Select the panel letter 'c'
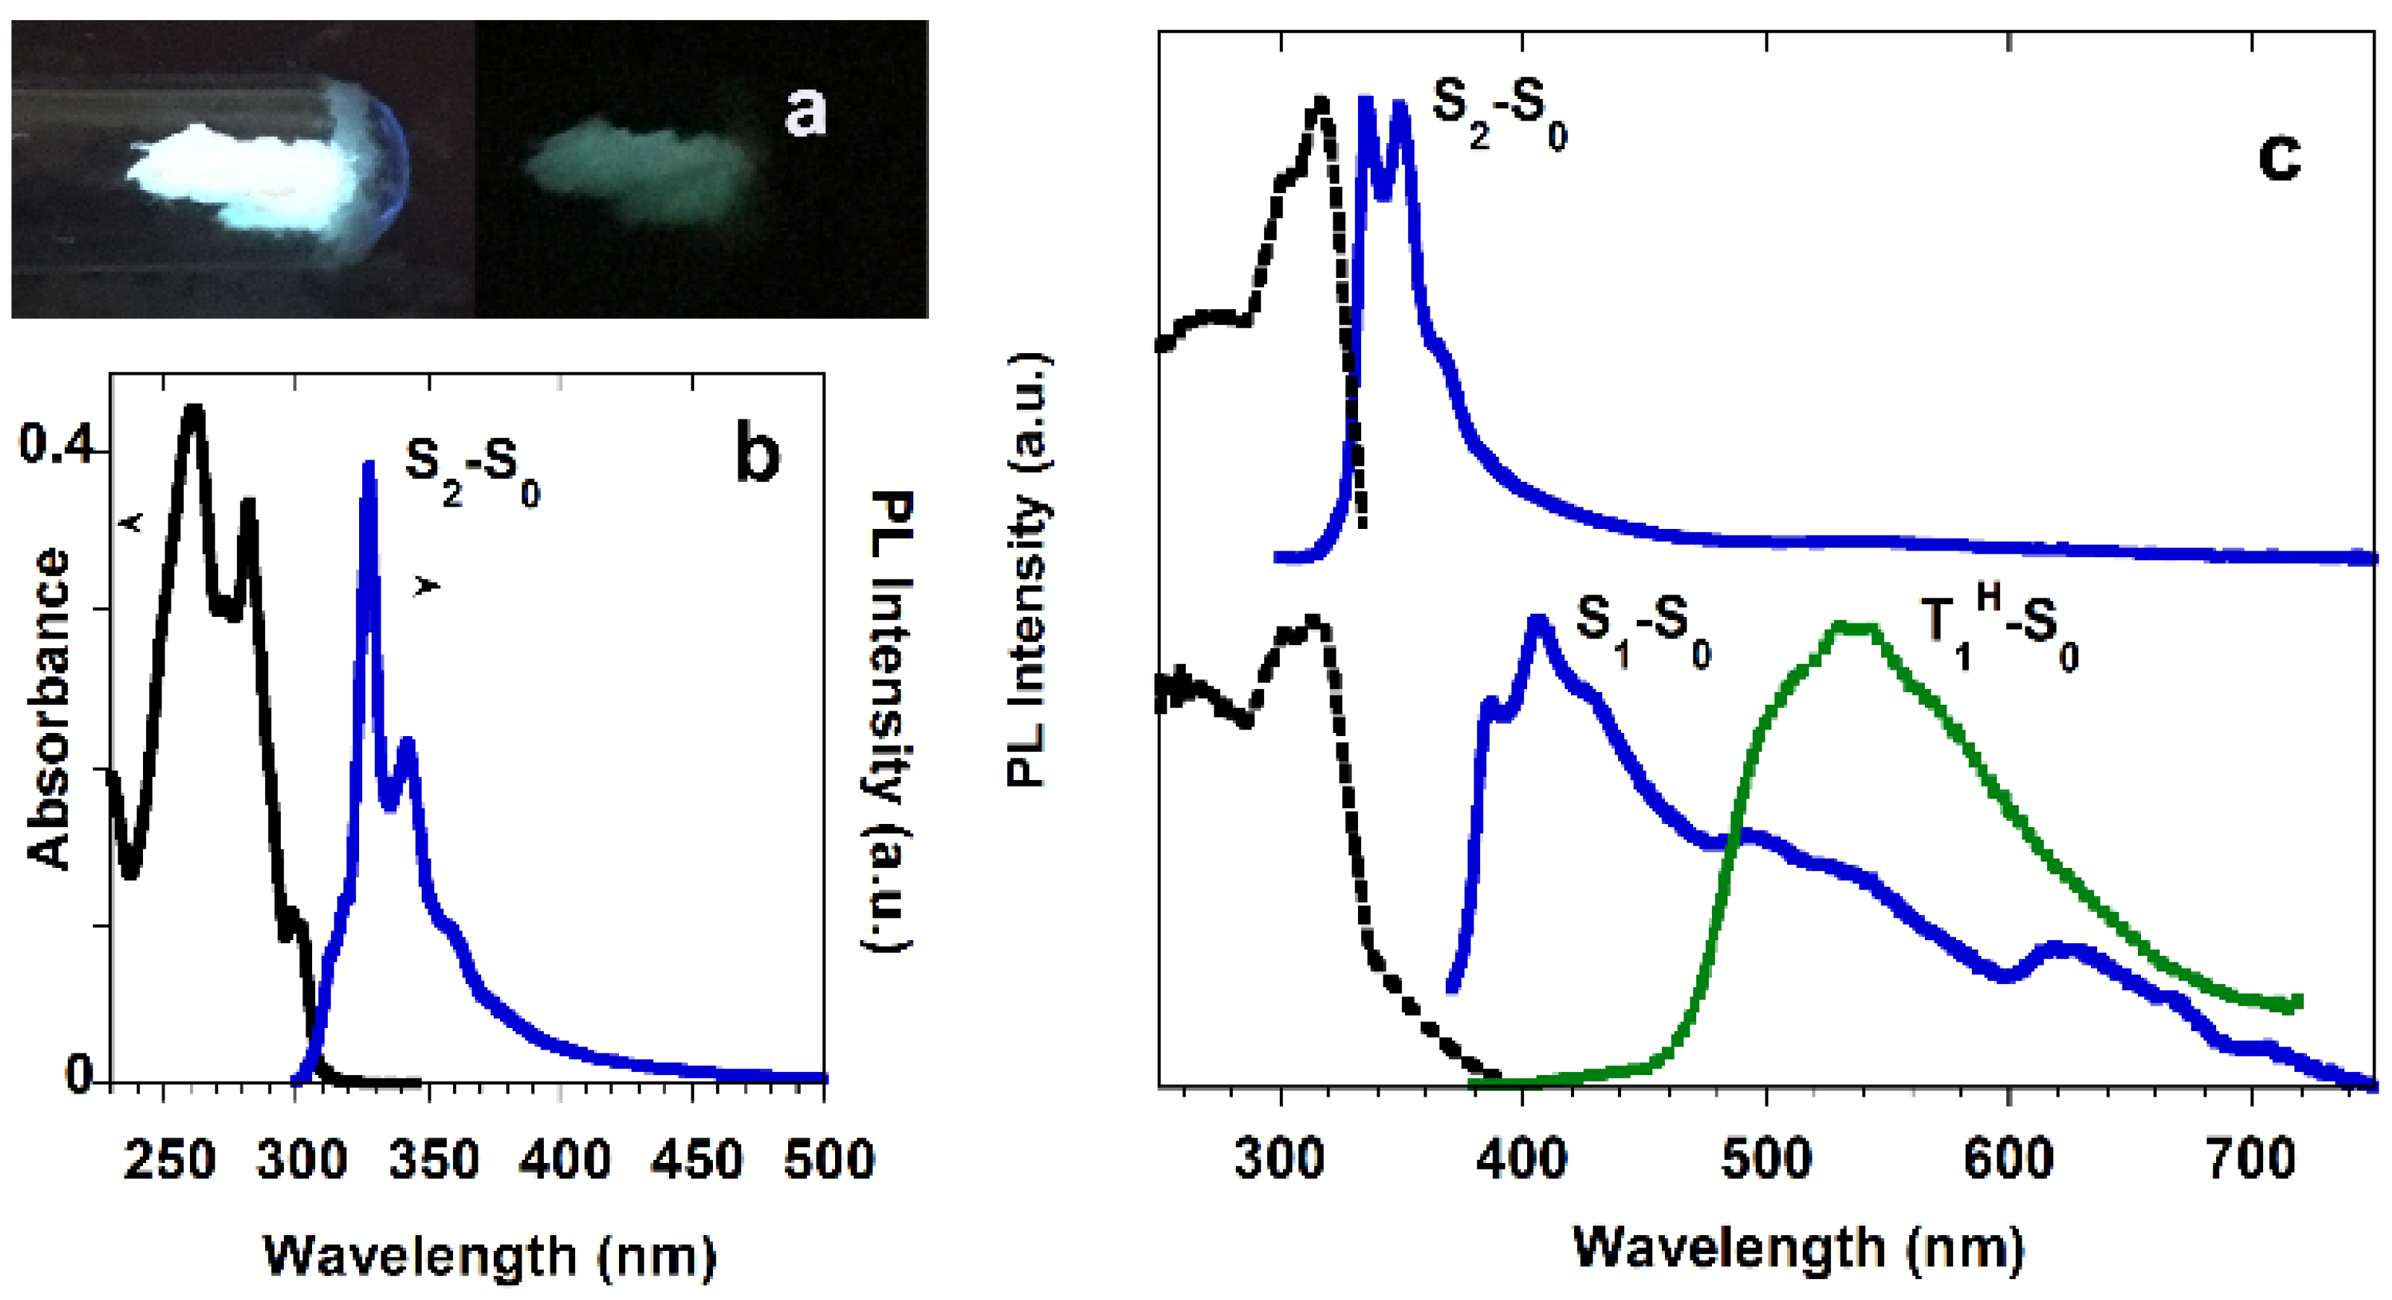click(2280, 158)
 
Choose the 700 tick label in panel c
click(2251, 1161)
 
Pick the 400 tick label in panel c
click(1522, 1161)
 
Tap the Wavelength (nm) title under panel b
click(490, 1255)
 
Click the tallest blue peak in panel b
click(369, 464)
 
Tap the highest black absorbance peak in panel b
click(193, 408)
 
